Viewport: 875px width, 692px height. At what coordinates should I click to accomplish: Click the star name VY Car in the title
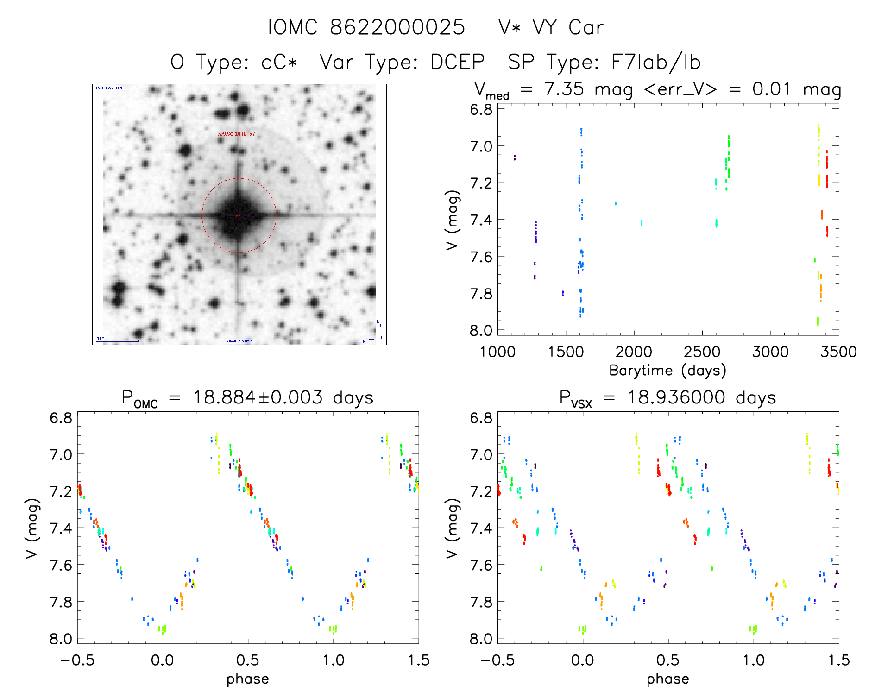click(x=568, y=28)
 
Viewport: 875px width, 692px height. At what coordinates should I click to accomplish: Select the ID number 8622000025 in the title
click(x=397, y=28)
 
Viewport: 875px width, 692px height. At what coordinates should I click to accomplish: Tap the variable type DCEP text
click(x=457, y=62)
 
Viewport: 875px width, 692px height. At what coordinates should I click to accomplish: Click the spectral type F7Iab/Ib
click(x=656, y=62)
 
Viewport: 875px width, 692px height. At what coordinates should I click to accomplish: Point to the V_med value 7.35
click(x=564, y=89)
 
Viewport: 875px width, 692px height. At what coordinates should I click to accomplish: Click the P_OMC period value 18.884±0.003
click(x=258, y=397)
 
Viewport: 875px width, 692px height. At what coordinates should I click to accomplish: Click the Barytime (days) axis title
click(x=667, y=371)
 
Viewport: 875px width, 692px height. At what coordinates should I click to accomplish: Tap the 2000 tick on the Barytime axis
click(x=634, y=352)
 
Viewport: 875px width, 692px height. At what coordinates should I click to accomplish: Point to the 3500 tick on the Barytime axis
click(x=838, y=352)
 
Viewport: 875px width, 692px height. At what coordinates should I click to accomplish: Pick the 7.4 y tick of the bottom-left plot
click(x=61, y=528)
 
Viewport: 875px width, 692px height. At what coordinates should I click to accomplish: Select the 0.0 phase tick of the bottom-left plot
click(x=163, y=660)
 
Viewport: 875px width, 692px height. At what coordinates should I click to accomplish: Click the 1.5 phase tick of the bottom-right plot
click(x=838, y=660)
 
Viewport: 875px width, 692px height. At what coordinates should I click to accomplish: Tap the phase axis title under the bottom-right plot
click(x=667, y=679)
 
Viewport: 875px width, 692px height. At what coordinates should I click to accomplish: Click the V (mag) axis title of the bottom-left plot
click(x=32, y=528)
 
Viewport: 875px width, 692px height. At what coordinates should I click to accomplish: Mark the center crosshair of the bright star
click(x=239, y=215)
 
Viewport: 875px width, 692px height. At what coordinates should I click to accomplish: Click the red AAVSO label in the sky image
click(x=236, y=134)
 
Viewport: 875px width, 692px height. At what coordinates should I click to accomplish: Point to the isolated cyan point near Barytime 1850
click(x=615, y=203)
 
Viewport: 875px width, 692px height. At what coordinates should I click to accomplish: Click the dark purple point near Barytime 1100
click(x=514, y=157)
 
